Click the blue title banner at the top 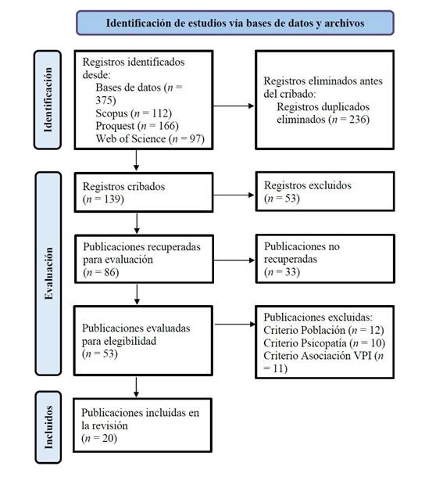click(235, 23)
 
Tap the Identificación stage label click(48, 100)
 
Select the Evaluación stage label click(48, 274)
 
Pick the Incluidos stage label click(48, 427)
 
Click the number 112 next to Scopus click(160, 113)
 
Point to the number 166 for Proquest click(166, 126)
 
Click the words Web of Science click(130, 138)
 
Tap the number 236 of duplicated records click(358, 119)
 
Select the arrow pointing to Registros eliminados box click(234, 106)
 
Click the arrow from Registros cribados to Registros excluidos click(234, 195)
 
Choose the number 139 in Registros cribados click(113, 199)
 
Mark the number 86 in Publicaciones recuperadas click(109, 272)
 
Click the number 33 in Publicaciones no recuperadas click(291, 271)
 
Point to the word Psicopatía click(324, 343)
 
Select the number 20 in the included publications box click(108, 438)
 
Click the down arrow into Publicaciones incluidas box click(136, 387)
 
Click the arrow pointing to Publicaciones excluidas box click(235, 325)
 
